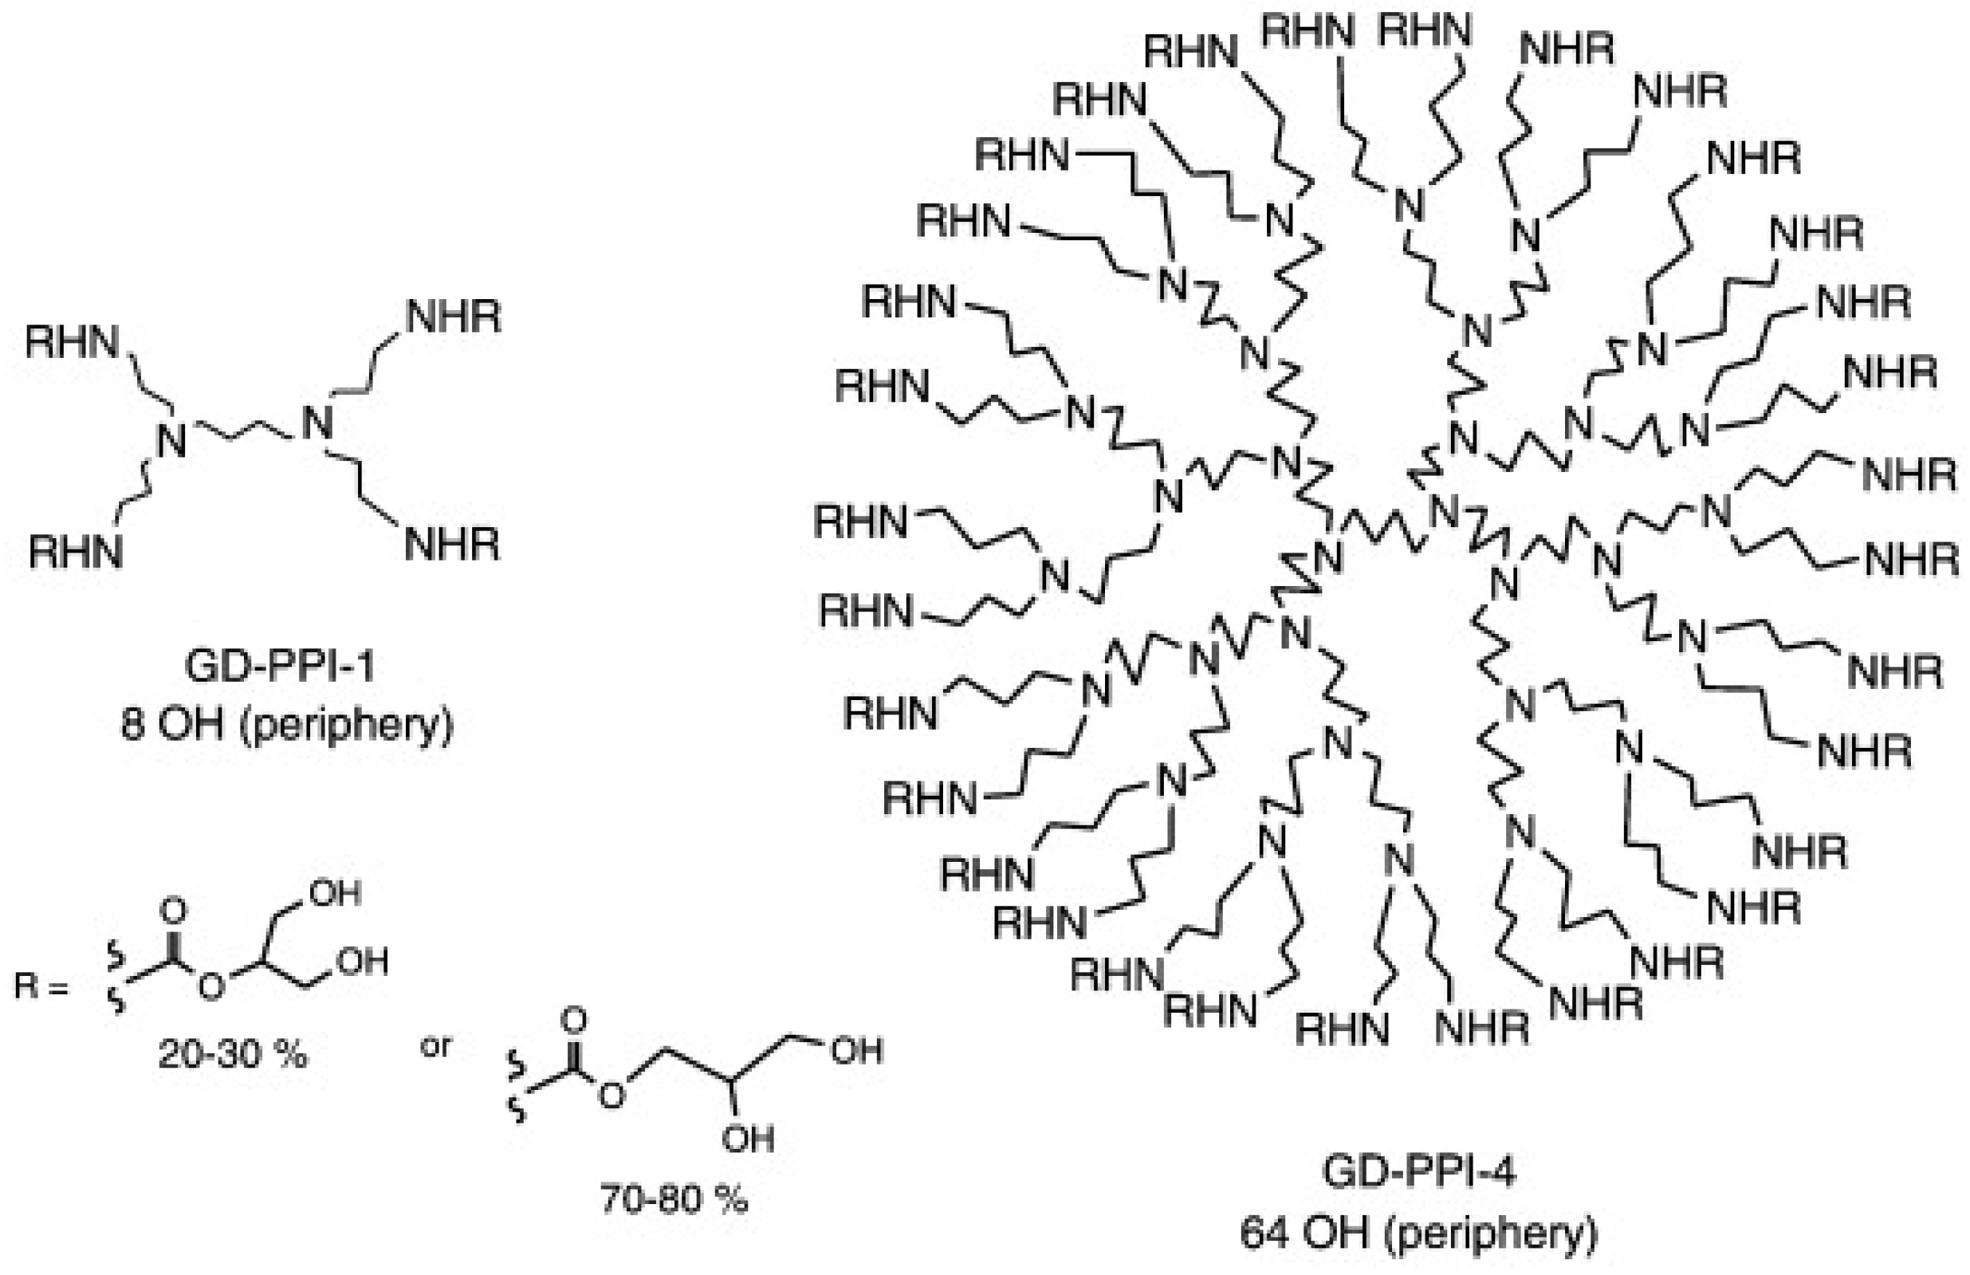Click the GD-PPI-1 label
(x=279, y=667)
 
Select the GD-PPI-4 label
(x=1419, y=1172)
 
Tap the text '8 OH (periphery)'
(x=287, y=726)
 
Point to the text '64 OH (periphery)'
(x=1419, y=1234)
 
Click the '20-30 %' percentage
(x=233, y=1055)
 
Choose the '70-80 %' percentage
(x=674, y=1198)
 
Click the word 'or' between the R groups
(x=436, y=1046)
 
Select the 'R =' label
(x=40, y=986)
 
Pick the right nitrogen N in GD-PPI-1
(x=317, y=423)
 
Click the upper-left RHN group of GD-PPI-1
(x=73, y=342)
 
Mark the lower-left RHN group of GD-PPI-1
(x=77, y=552)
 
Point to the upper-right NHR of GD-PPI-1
(x=454, y=317)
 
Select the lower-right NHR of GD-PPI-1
(x=452, y=544)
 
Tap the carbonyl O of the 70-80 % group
(x=573, y=1021)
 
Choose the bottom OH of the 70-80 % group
(x=748, y=1139)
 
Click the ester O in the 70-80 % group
(x=612, y=1096)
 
